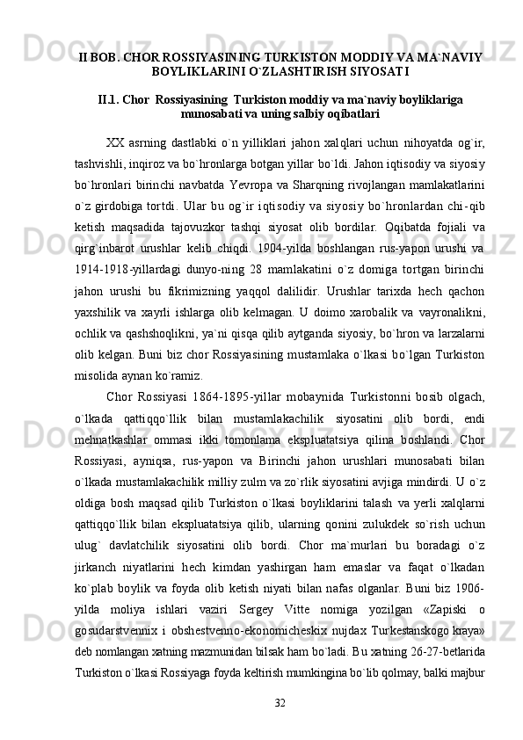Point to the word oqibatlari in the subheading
click(355, 114)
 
